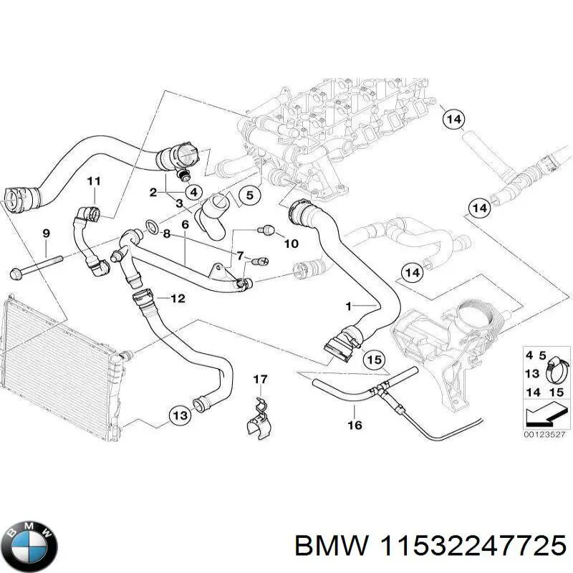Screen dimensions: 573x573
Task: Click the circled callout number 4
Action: (192, 191)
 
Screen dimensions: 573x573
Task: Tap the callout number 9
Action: (46, 233)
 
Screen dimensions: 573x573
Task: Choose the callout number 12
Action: (178, 298)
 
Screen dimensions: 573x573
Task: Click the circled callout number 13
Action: (179, 414)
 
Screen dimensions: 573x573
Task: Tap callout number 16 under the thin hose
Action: (355, 425)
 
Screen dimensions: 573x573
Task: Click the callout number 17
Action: (260, 378)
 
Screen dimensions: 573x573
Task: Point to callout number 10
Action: (290, 244)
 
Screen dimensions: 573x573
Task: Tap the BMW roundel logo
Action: (29, 542)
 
